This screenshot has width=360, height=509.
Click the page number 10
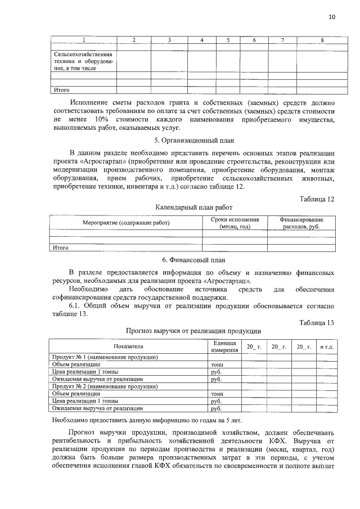[332, 17]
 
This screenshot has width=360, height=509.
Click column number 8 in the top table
[321, 40]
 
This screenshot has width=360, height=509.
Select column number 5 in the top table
[228, 40]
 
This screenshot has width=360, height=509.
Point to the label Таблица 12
[318, 199]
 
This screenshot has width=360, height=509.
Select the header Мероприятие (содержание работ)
[126, 223]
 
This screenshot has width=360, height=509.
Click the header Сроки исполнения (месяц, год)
[235, 223]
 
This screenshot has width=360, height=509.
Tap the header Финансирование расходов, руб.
[301, 223]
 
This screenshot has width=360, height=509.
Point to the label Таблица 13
[318, 322]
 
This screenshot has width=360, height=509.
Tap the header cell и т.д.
[327, 346]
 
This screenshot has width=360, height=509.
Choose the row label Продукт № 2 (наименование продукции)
[104, 387]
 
